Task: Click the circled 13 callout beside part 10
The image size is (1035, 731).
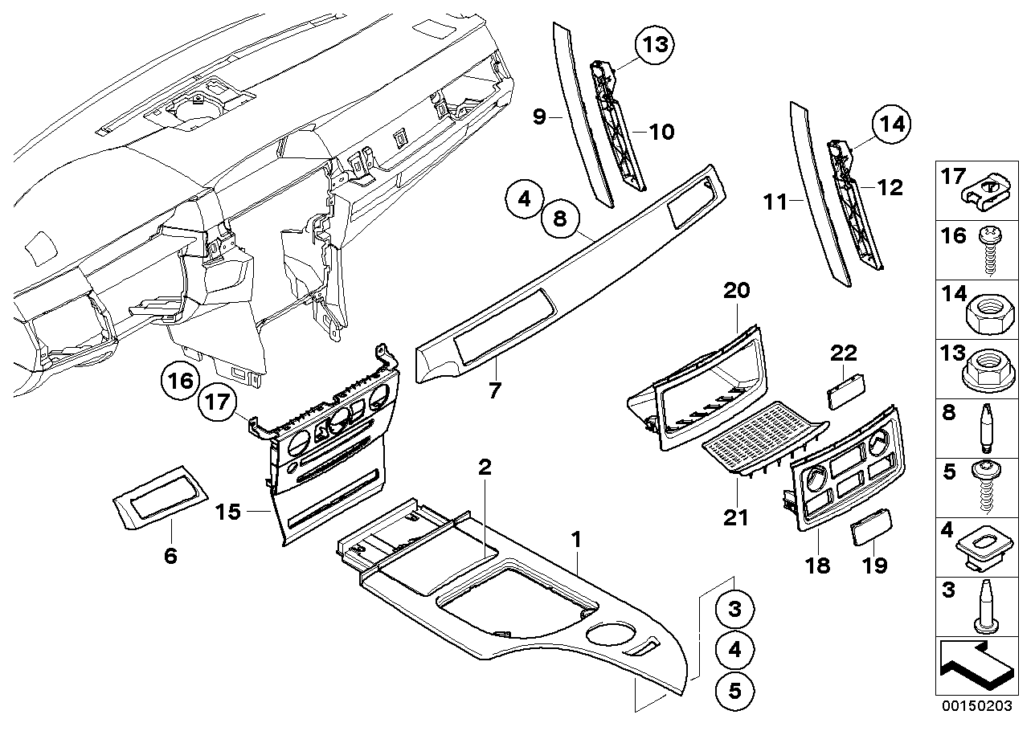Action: pos(656,45)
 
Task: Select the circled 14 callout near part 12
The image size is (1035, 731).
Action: pos(894,125)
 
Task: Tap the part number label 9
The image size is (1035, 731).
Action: pos(539,117)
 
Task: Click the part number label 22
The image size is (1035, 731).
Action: pos(843,353)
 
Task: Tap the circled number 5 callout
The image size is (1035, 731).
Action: pos(735,689)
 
